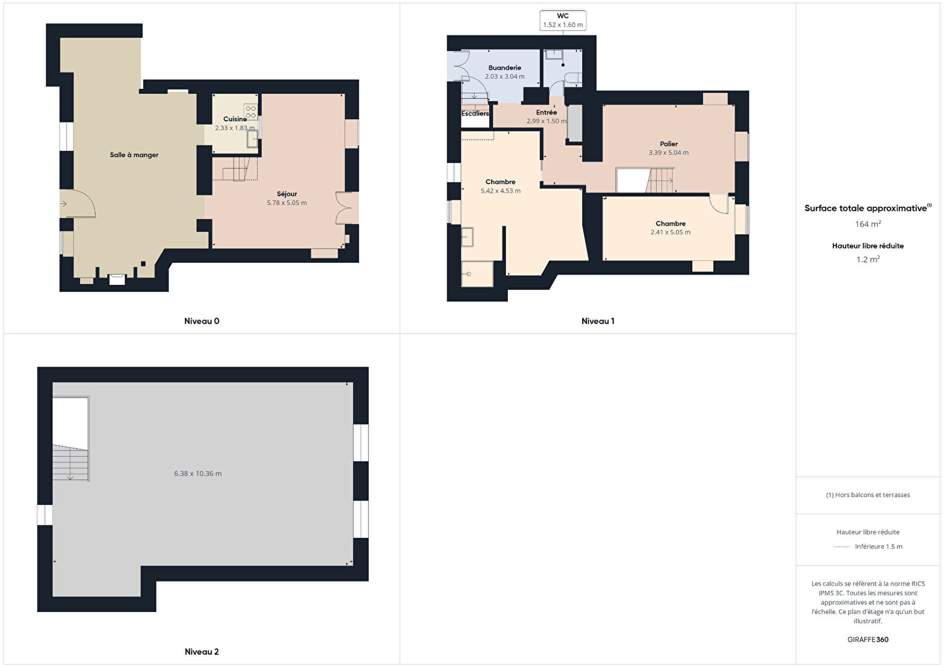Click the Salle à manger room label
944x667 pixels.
(134, 155)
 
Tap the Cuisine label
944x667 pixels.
(234, 119)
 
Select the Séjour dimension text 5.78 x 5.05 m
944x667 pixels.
(286, 203)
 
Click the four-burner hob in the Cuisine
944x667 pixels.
(251, 112)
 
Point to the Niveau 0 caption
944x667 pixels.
(202, 321)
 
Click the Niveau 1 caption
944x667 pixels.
(598, 321)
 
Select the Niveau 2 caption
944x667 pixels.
(202, 652)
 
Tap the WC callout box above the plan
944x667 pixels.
(562, 20)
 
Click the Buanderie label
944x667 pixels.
(504, 68)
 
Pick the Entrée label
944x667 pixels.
(546, 113)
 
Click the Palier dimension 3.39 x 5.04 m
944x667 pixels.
(668, 153)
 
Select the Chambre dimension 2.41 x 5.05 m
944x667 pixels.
(670, 232)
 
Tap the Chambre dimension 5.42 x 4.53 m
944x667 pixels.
(500, 191)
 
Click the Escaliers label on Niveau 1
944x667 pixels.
(475, 114)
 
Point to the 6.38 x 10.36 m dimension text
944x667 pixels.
(198, 474)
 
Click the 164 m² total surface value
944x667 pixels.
(868, 224)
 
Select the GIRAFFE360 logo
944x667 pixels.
(868, 640)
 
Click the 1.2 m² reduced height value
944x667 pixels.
(868, 260)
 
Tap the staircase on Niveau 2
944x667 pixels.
(71, 463)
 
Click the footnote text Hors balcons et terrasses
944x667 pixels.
(868, 495)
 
